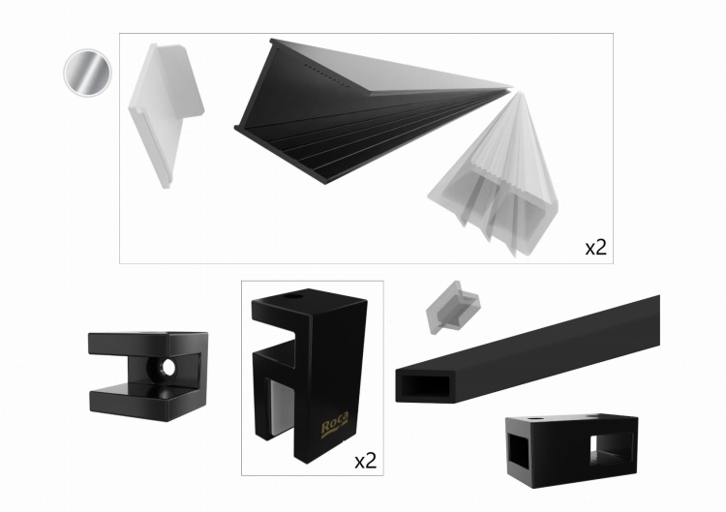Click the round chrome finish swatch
click(87, 73)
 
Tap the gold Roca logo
click(335, 422)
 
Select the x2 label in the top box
click(596, 248)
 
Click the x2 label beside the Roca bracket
click(365, 461)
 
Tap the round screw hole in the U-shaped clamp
click(167, 368)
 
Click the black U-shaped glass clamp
click(148, 376)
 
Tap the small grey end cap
click(452, 307)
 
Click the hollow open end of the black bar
click(425, 386)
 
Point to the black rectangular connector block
click(572, 450)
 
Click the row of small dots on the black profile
click(325, 75)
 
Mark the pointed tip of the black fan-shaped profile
click(511, 87)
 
